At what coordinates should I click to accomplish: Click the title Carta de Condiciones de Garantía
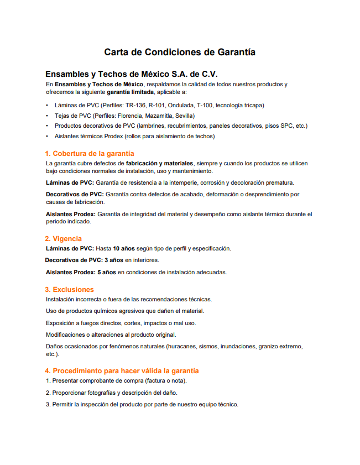[x=180, y=53]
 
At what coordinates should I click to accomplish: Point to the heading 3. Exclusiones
[x=70, y=289]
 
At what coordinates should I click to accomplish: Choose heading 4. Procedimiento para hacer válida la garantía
[x=122, y=370]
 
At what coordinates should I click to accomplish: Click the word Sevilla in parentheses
[x=184, y=116]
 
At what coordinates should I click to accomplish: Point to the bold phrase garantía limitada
[x=131, y=91]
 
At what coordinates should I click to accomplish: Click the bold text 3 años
[x=113, y=260]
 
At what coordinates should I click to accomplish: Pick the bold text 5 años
[x=107, y=272]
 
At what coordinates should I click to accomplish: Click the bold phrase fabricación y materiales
[x=159, y=164]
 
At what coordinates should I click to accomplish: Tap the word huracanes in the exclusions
[x=183, y=346]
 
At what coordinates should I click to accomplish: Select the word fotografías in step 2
[x=102, y=393]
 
